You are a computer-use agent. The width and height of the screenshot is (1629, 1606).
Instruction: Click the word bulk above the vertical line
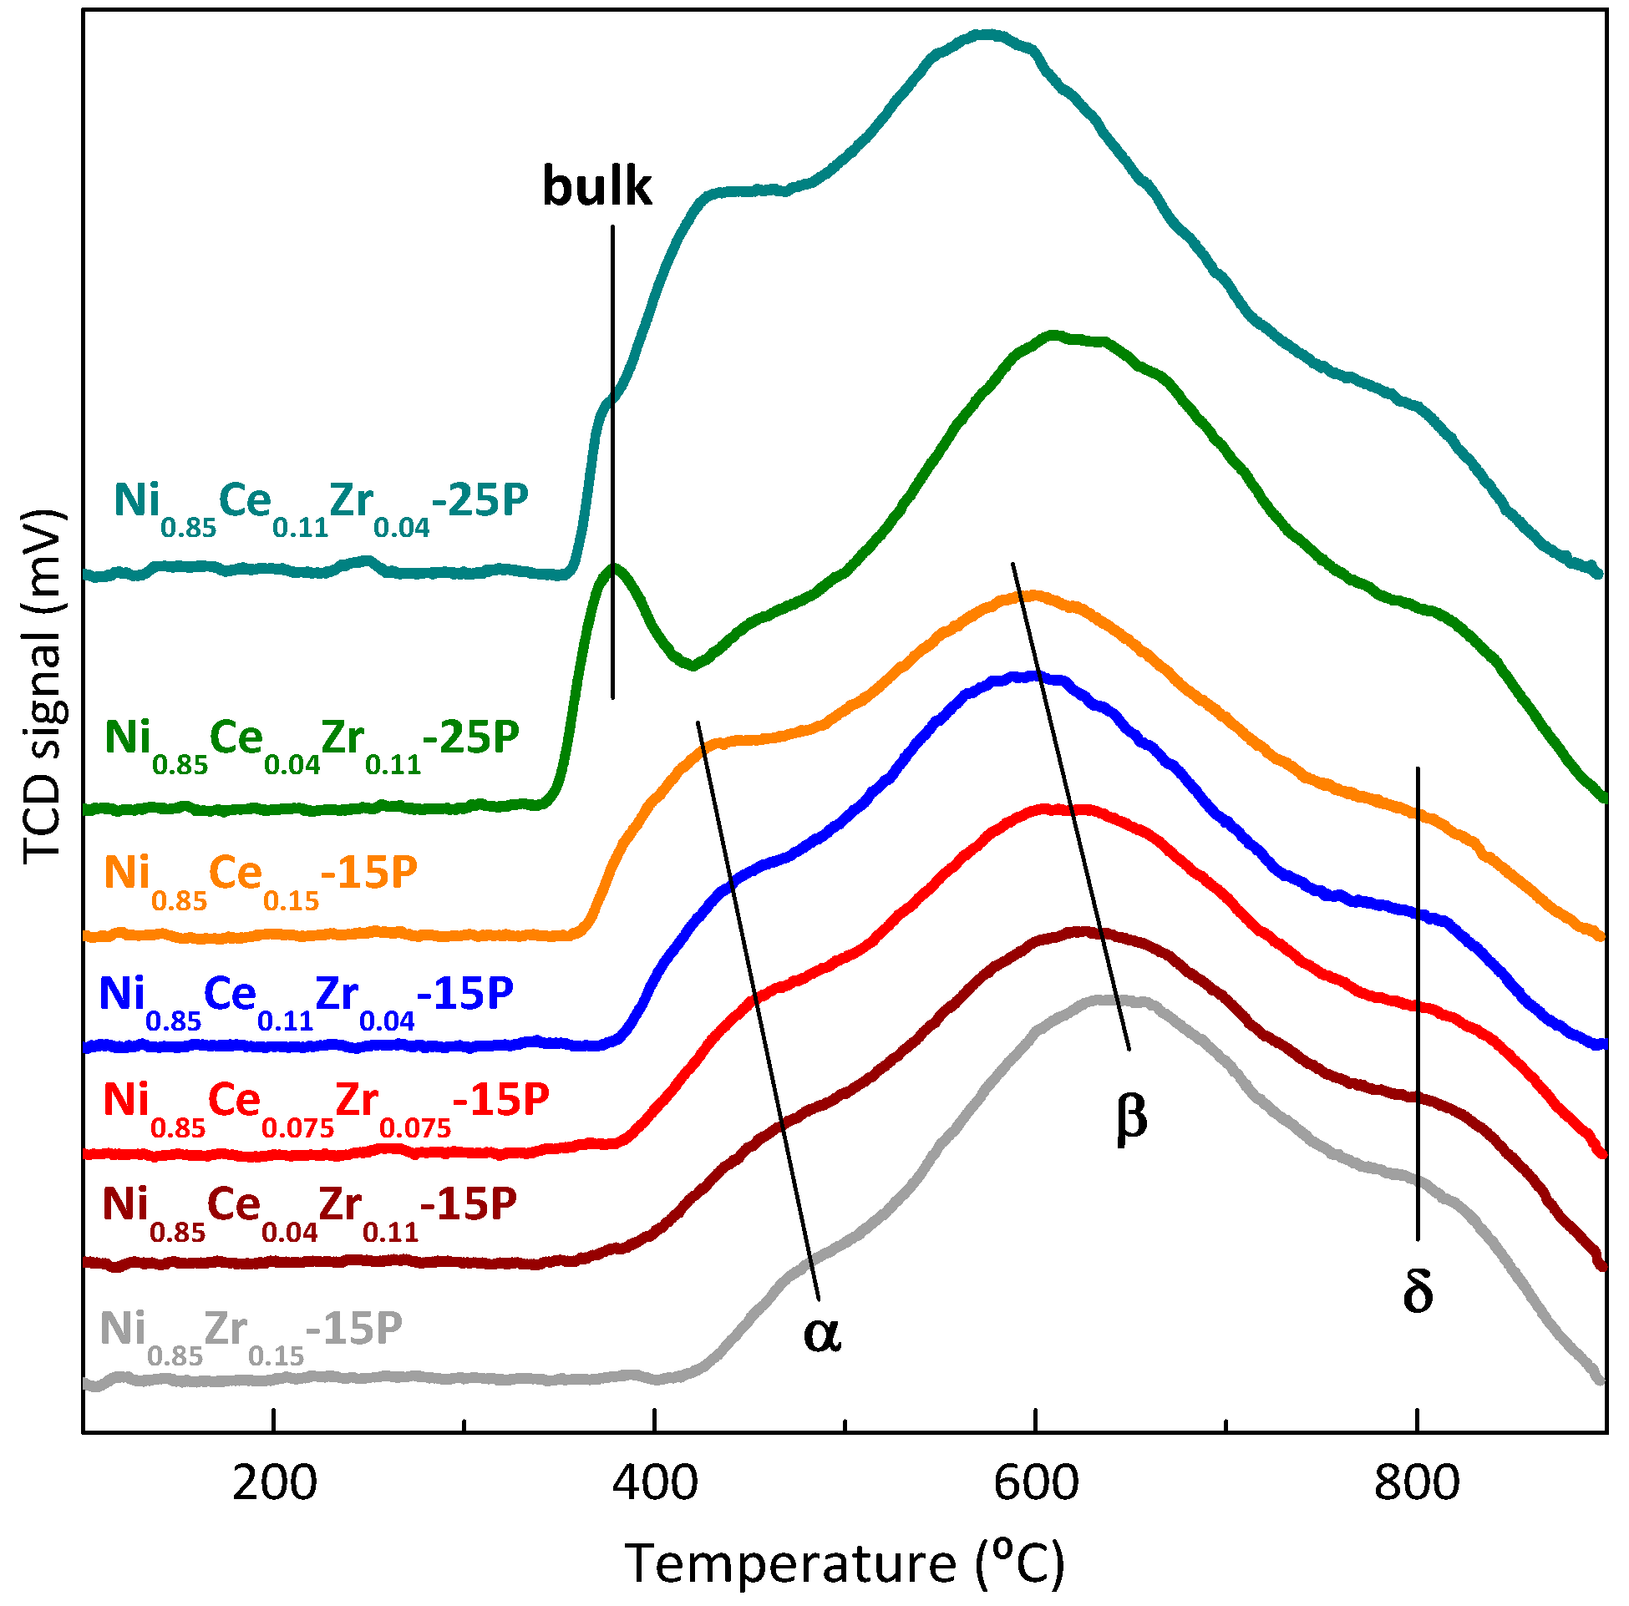pos(596,186)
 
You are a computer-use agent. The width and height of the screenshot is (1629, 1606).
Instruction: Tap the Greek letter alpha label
pos(821,1334)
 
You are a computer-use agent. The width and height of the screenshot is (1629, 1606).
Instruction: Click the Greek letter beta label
pos(1130,1116)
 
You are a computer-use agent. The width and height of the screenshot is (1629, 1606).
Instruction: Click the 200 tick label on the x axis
pos(274,1483)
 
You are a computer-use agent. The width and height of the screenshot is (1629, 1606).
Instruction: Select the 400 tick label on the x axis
pos(655,1483)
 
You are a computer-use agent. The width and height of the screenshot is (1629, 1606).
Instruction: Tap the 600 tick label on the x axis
pos(1035,1483)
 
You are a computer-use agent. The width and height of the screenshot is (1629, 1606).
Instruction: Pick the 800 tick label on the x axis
pos(1417,1483)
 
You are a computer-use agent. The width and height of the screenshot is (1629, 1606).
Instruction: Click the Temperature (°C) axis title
pos(844,1564)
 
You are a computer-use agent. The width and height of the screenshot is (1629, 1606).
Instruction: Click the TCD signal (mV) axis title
pos(42,686)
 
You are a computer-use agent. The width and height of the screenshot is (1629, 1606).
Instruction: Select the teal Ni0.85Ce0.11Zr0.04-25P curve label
pos(321,505)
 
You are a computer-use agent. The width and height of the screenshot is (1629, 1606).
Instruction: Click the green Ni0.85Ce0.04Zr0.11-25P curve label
pos(312,742)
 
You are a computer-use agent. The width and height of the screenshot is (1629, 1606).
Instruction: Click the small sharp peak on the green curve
pos(613,566)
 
